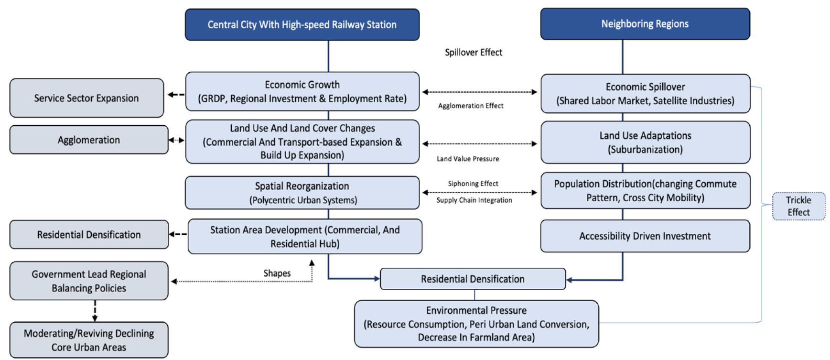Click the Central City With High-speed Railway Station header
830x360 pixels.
302,24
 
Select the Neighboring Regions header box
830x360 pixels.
645,24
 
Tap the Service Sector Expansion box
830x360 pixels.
86,98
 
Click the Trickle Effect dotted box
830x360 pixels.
798,206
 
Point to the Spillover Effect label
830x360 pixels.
473,52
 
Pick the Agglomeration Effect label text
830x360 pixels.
471,106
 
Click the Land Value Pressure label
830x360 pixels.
468,159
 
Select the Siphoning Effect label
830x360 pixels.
473,184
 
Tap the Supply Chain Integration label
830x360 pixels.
474,200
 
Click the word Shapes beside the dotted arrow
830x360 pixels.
277,273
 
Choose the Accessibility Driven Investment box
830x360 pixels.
645,236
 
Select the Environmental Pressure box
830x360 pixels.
476,324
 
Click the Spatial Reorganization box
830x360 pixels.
302,193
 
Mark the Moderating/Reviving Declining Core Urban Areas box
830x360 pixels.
89,340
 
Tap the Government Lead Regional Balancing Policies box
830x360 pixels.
89,281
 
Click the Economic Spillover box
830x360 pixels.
645,94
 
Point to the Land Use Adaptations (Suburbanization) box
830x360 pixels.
645,142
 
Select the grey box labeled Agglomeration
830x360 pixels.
89,140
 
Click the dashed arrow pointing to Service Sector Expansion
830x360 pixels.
176,95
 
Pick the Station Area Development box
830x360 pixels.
305,237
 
